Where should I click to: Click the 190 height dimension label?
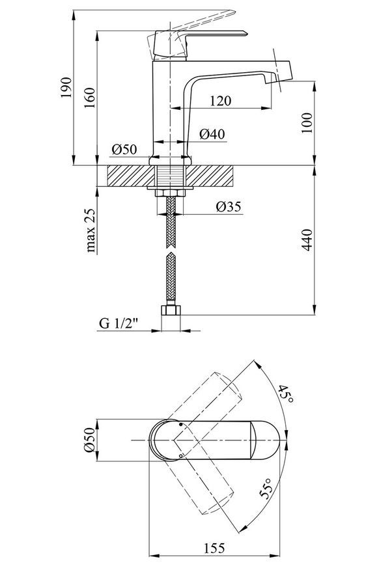(66, 87)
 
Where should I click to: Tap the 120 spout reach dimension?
(220, 100)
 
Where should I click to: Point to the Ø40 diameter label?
(212, 134)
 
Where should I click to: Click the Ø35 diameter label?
(229, 207)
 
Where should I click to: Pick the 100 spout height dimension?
(307, 123)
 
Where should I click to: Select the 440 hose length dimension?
(307, 239)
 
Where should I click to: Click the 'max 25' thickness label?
(91, 230)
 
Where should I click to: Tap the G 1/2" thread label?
(119, 323)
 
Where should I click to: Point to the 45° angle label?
(286, 394)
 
